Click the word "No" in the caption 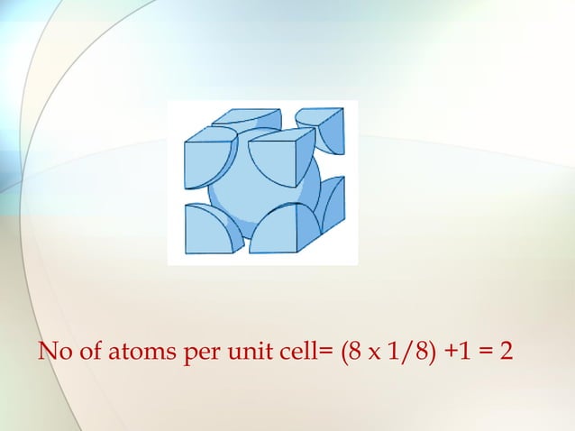click(x=52, y=349)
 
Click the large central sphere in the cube click(x=265, y=185)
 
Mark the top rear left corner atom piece click(x=248, y=118)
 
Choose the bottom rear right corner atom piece click(x=332, y=203)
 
